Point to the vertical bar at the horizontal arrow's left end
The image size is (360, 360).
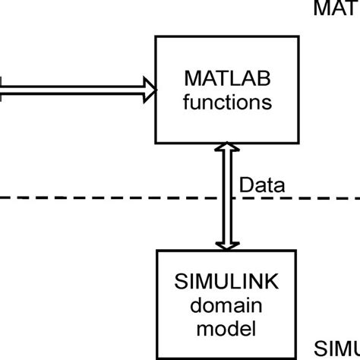[2, 90]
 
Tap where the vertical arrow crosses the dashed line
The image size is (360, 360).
[224, 199]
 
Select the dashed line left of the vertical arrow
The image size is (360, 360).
[106, 199]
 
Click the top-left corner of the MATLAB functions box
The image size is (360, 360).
[155, 35]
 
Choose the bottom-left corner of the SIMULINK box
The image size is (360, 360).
[156, 358]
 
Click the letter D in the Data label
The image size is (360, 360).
[245, 185]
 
